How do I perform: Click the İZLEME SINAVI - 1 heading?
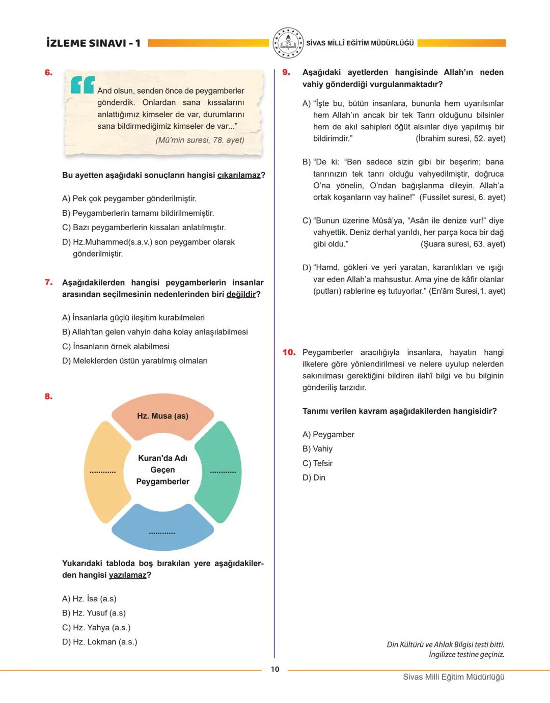click(x=93, y=43)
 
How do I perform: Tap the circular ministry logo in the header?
click(x=288, y=43)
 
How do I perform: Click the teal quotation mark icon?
click(x=82, y=85)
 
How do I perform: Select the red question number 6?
click(x=48, y=73)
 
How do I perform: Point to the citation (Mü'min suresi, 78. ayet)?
click(x=200, y=140)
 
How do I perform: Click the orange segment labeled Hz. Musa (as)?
click(x=162, y=416)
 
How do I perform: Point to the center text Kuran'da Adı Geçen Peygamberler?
click(x=162, y=470)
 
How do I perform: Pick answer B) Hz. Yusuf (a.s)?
click(x=94, y=613)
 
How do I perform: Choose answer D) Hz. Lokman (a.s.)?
click(x=100, y=642)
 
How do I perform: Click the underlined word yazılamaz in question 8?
click(x=127, y=575)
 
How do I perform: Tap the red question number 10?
click(x=289, y=352)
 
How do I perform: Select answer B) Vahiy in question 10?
click(x=317, y=449)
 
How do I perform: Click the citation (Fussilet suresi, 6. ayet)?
click(x=462, y=198)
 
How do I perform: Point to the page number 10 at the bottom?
click(x=275, y=669)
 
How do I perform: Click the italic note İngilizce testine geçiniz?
click(x=466, y=655)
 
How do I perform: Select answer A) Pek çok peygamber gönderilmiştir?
click(x=129, y=199)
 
